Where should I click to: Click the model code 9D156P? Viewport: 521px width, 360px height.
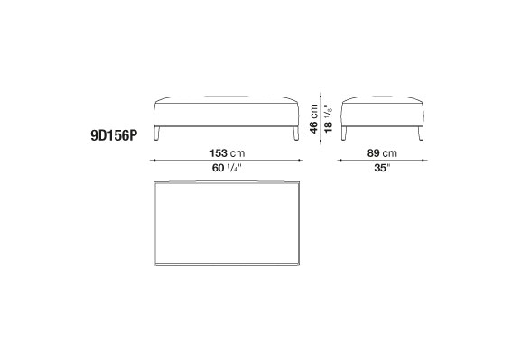coord(114,135)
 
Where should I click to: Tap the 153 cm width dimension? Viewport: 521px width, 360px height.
coord(227,153)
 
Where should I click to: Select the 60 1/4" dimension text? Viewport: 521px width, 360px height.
coord(226,168)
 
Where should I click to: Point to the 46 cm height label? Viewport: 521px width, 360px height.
coord(313,119)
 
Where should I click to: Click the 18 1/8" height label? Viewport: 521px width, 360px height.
coord(328,119)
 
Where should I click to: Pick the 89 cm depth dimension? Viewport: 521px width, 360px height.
coord(382,153)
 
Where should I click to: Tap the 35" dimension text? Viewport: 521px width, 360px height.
coord(382,168)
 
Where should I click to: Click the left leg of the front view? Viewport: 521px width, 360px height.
coord(157,134)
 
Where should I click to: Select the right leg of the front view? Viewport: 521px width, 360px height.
coord(296,134)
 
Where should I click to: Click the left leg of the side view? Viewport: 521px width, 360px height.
coord(344,134)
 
